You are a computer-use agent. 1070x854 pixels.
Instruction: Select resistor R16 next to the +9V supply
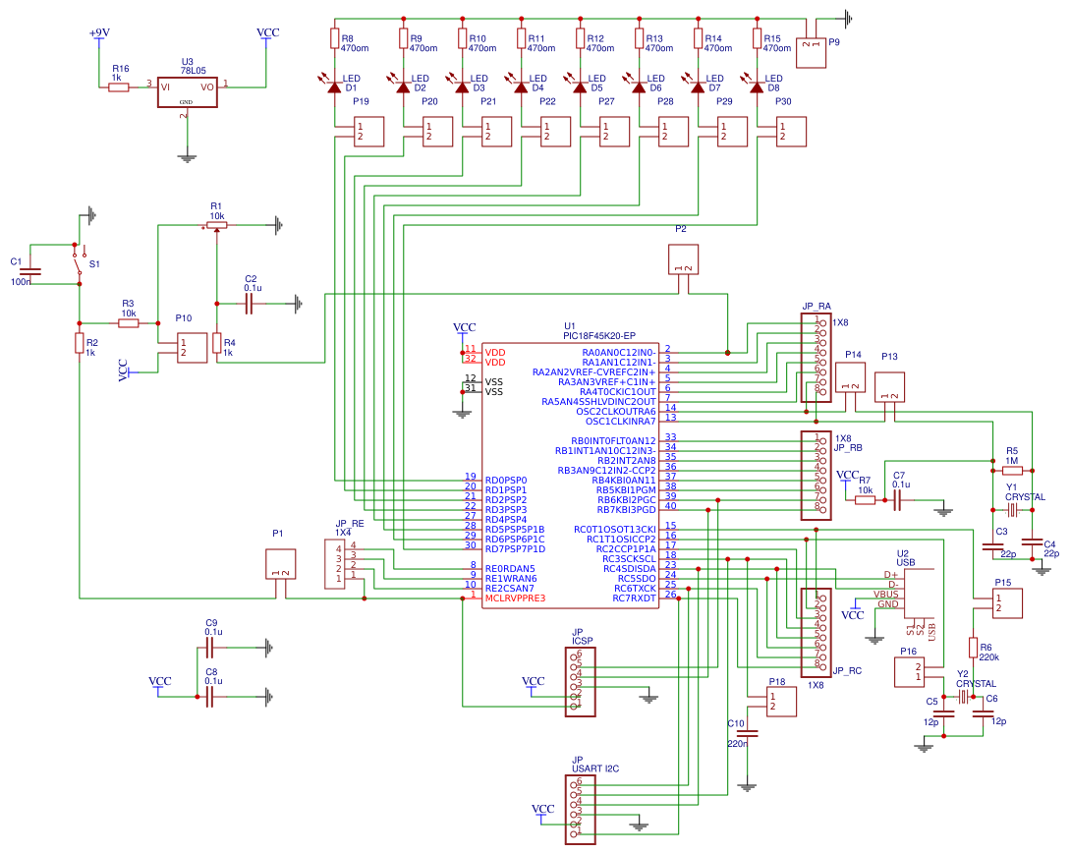tap(119, 87)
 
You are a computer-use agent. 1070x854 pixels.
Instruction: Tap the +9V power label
tap(98, 33)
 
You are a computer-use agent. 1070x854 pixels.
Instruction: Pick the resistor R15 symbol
tap(757, 38)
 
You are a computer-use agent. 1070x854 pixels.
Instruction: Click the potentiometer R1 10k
tap(217, 225)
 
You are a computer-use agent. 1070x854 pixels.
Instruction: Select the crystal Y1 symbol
tap(1011, 509)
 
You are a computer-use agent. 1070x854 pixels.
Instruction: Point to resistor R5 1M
tap(1011, 470)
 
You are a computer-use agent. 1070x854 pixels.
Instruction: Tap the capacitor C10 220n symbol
tap(747, 733)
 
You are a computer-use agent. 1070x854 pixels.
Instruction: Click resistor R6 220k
tap(973, 648)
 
